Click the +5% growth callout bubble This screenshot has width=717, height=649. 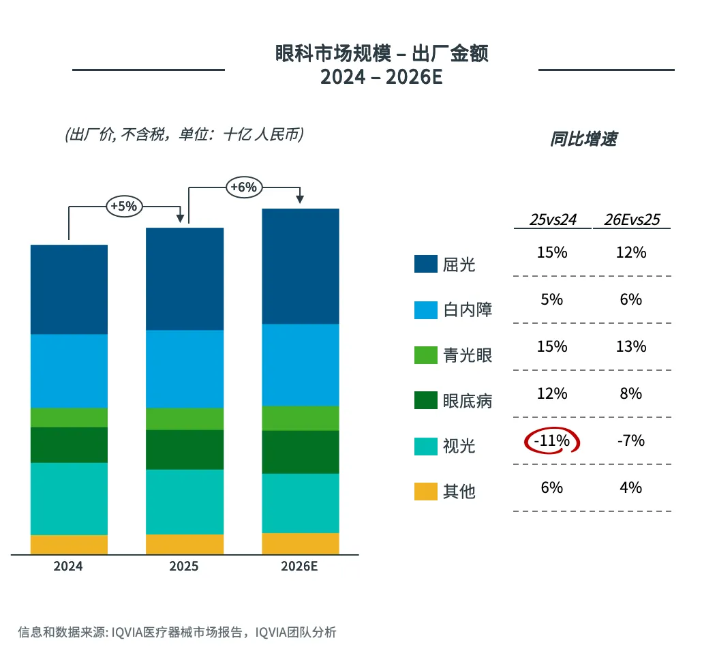pyautogui.click(x=123, y=205)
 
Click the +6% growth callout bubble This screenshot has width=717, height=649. pyautogui.click(x=243, y=187)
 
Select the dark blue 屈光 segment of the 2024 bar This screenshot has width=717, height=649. pyautogui.click(x=69, y=289)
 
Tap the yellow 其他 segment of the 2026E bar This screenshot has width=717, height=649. pyautogui.click(x=301, y=543)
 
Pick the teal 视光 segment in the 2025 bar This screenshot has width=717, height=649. pyautogui.click(x=185, y=502)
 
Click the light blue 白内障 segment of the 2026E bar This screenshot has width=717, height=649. pyautogui.click(x=301, y=365)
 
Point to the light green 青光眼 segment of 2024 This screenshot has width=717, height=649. pyautogui.click(x=69, y=417)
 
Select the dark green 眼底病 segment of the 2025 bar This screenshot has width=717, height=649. pyautogui.click(x=185, y=449)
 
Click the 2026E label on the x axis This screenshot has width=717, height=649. pyautogui.click(x=300, y=567)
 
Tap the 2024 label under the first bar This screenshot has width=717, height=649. pyautogui.click(x=68, y=567)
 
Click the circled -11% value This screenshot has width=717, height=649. pyautogui.click(x=551, y=441)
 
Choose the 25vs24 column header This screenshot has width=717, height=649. pyautogui.click(x=553, y=220)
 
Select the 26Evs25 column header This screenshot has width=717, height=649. pyautogui.click(x=631, y=220)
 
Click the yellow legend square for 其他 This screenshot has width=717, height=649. pyautogui.click(x=425, y=492)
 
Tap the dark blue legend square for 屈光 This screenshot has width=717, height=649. pyautogui.click(x=425, y=264)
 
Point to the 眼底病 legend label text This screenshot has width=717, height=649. pyautogui.click(x=468, y=401)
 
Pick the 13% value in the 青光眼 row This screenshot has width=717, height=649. pyautogui.click(x=631, y=346)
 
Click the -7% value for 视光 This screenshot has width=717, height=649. pyautogui.click(x=631, y=440)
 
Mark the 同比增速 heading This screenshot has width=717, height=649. pyautogui.click(x=583, y=139)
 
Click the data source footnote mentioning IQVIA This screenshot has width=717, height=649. pyautogui.click(x=177, y=631)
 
